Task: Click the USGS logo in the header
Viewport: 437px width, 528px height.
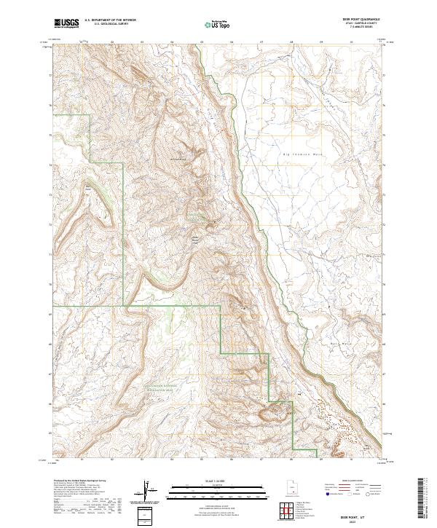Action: [x=66, y=24]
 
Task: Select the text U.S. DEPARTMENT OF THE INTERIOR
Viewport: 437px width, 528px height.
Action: [x=111, y=21]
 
